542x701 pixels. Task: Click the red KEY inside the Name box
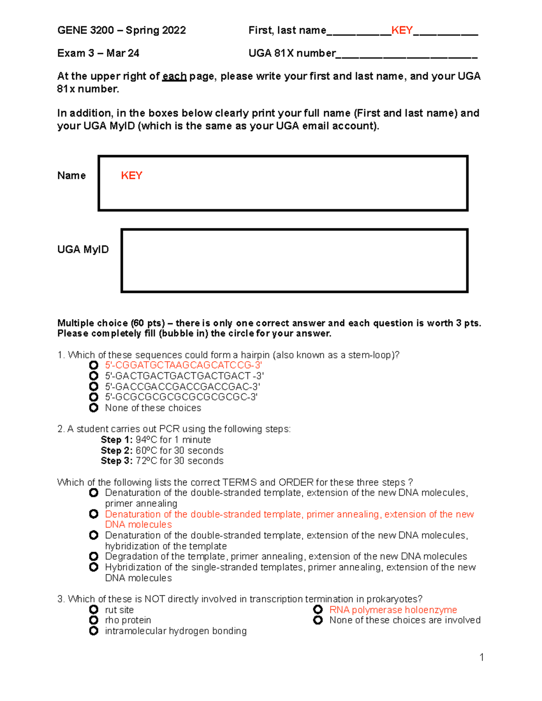tap(131, 176)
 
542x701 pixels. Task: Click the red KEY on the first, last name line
tap(402, 30)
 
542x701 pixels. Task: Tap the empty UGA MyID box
tap(294, 260)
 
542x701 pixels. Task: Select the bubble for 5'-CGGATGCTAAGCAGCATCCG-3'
tap(93, 365)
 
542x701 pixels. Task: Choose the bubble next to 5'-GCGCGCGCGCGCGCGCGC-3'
tap(93, 397)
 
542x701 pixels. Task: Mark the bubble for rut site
tap(93, 610)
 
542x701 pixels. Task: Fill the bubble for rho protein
tap(93, 620)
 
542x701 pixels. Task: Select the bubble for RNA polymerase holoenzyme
tap(318, 610)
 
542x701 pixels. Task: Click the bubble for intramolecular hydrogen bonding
tap(93, 631)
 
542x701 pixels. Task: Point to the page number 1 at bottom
tap(482, 657)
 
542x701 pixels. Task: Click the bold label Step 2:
tap(117, 450)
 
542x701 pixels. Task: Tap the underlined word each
tap(174, 76)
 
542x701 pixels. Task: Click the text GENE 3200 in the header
tap(85, 30)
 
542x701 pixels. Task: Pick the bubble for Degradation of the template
tap(93, 557)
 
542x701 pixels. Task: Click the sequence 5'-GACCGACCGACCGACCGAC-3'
tap(182, 387)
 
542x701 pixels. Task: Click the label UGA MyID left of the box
tap(83, 250)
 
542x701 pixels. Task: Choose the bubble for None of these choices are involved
tap(318, 620)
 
